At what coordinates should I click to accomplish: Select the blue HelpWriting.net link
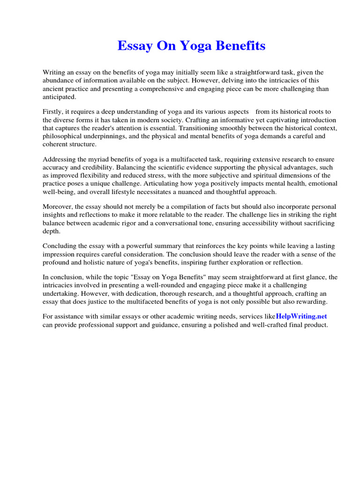click(x=301, y=317)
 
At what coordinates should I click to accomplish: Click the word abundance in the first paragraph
click(x=59, y=80)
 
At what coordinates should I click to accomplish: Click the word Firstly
click(x=52, y=112)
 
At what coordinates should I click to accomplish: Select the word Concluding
click(x=60, y=246)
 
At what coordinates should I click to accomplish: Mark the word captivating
click(x=267, y=120)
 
